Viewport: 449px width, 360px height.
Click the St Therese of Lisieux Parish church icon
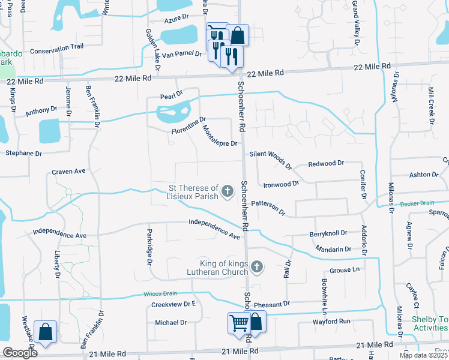tap(227, 191)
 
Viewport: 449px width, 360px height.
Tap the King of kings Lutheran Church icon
tap(257, 266)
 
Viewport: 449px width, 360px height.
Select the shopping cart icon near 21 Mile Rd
tap(238, 323)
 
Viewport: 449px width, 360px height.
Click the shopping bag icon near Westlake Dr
tap(46, 332)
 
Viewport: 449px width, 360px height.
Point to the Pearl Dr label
tap(170, 96)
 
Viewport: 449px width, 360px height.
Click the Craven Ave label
tap(68, 172)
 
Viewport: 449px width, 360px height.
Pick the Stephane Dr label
tap(23, 154)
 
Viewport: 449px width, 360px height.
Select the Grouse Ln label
tap(343, 271)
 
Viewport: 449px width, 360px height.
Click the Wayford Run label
tap(331, 322)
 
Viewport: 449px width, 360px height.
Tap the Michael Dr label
tap(171, 322)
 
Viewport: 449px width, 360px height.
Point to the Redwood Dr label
tap(326, 163)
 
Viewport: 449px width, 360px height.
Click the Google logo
tap(19, 353)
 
